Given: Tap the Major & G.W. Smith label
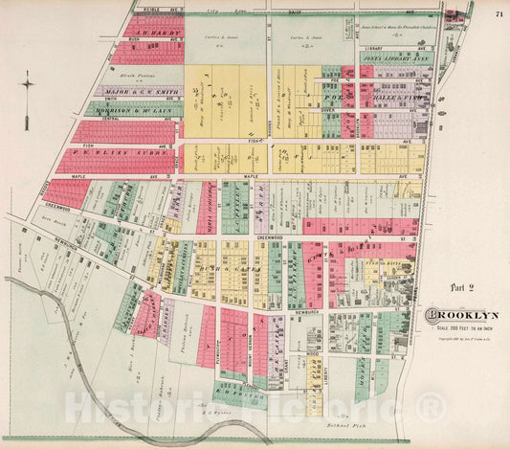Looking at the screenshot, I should point(140,90).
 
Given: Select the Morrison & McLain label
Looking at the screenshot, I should point(140,112).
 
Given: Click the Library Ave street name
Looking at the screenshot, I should point(374,46).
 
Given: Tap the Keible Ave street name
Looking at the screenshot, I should point(144,11).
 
